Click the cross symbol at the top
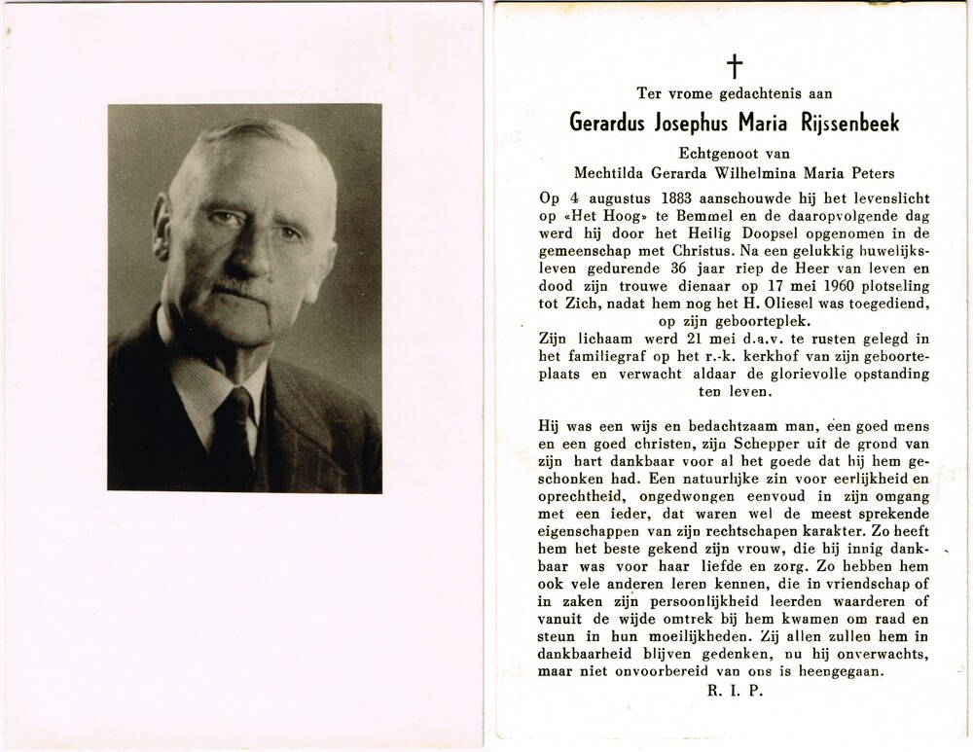735,65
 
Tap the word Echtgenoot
709,154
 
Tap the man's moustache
234,288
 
